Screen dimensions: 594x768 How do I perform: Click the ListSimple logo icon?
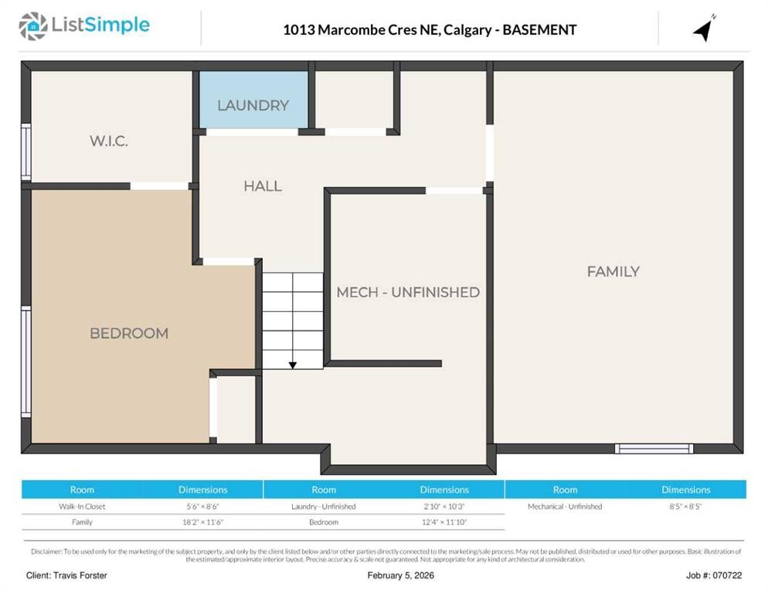tap(32, 26)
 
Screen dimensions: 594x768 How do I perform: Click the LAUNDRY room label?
tap(253, 105)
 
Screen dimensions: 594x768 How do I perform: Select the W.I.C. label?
tap(108, 142)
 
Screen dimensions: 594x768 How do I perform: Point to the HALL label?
tap(263, 186)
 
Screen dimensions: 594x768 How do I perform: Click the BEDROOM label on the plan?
tap(129, 333)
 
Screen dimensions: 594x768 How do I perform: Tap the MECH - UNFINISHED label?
tap(408, 292)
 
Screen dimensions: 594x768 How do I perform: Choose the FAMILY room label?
tap(613, 271)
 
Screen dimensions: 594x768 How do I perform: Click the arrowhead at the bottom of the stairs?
tap(293, 364)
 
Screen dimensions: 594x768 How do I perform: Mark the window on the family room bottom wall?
tap(654, 449)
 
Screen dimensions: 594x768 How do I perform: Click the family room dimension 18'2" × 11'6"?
tap(202, 522)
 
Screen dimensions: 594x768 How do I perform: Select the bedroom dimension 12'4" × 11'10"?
tap(444, 522)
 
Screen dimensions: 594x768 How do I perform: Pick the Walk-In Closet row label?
tap(82, 507)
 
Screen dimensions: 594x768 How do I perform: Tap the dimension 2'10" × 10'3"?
tap(444, 507)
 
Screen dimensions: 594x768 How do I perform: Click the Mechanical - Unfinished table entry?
tap(565, 507)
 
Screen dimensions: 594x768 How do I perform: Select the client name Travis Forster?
tap(66, 575)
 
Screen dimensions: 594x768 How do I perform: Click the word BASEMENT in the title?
tap(539, 30)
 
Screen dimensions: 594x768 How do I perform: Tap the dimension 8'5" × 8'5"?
tap(685, 507)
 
